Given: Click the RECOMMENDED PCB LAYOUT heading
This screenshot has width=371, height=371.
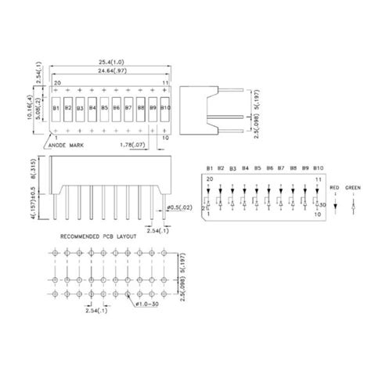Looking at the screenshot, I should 95,234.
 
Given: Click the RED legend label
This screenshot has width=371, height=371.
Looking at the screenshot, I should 334,189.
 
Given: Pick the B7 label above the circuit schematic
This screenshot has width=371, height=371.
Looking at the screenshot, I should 283,168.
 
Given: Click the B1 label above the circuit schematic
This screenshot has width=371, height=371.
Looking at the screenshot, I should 209,168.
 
